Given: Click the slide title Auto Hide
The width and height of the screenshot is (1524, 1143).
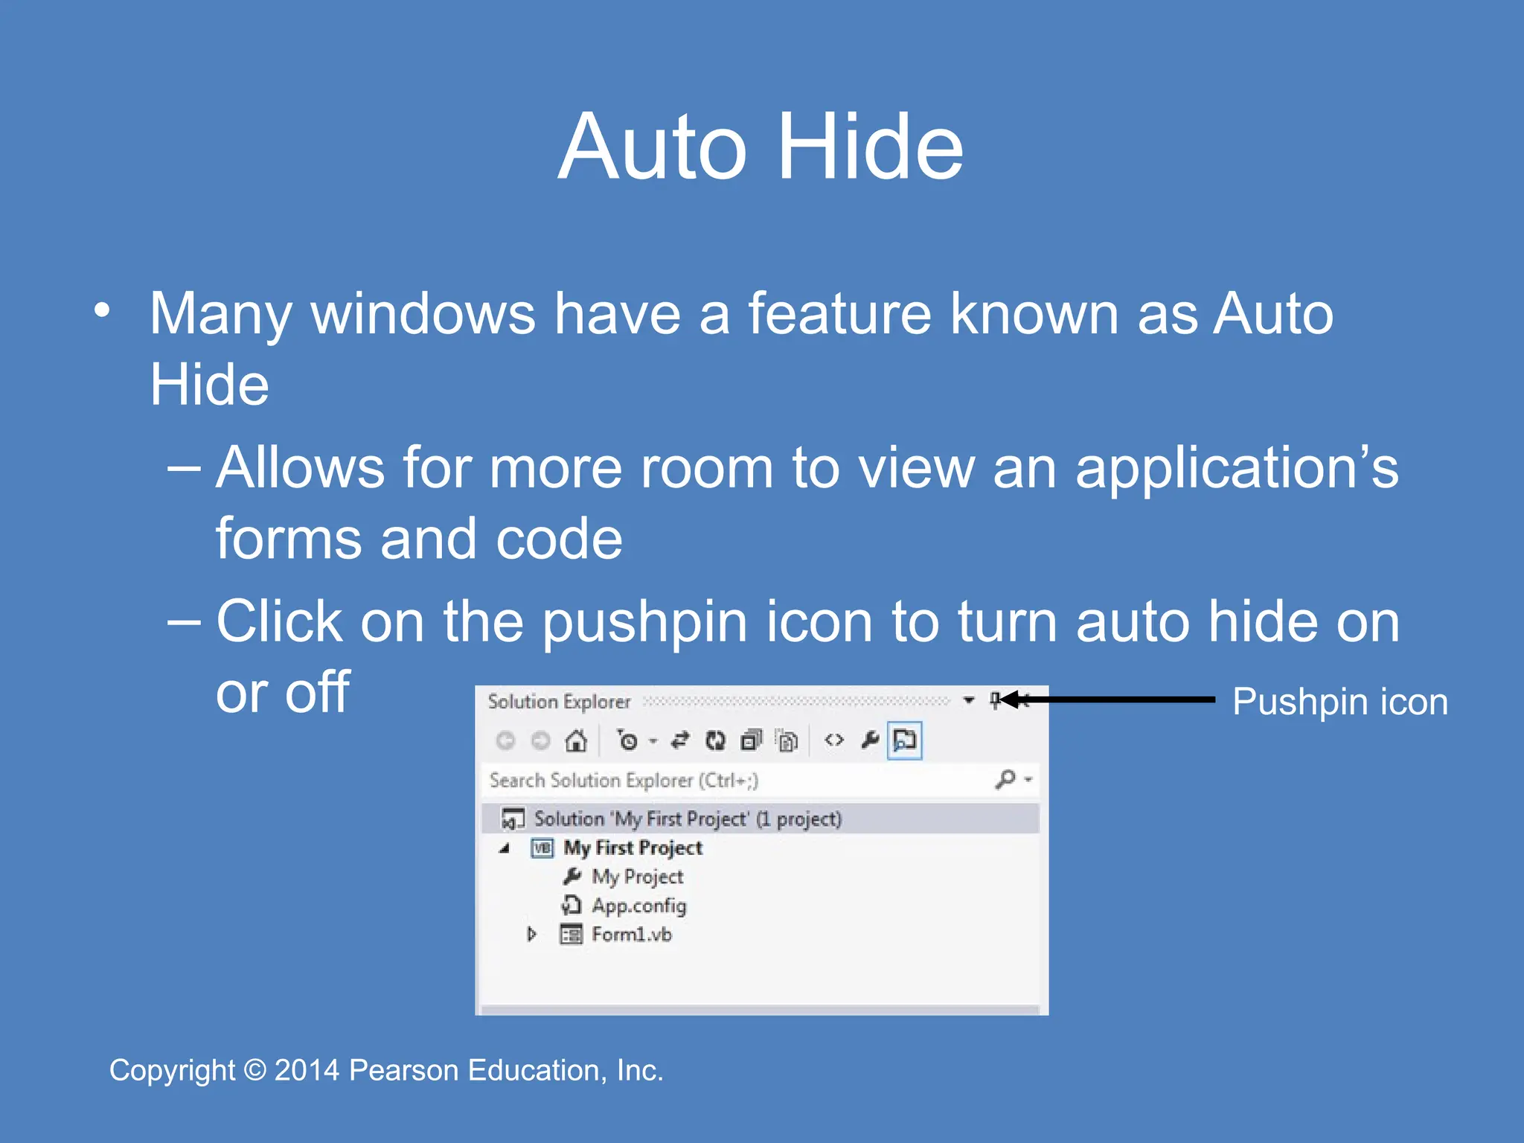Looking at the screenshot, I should click(761, 147).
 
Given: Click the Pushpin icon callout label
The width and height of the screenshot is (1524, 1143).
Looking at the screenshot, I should click(1339, 702).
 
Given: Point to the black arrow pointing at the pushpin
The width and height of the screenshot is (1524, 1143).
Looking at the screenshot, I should click(1109, 699).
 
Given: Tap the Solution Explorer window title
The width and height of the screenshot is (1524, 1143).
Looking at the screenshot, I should click(559, 702).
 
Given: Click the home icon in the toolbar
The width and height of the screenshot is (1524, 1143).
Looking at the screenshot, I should click(576, 740).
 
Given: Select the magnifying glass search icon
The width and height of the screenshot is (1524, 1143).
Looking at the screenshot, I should click(1005, 779).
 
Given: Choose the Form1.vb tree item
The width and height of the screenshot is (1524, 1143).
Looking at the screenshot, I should click(631, 935).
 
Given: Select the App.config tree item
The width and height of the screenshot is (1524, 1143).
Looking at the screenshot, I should click(638, 906).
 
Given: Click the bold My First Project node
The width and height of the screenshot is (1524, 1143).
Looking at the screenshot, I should click(633, 848).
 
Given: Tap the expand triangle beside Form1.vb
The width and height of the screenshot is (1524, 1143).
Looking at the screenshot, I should click(531, 934).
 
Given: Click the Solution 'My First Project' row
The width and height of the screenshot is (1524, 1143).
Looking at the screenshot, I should click(688, 819).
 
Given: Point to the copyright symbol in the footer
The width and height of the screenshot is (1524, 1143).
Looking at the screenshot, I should click(255, 1070).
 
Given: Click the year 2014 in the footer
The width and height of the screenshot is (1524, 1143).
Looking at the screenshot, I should click(307, 1070).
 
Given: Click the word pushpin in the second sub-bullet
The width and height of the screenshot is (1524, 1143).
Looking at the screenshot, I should click(644, 622).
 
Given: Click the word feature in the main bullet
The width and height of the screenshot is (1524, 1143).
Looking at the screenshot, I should click(839, 313).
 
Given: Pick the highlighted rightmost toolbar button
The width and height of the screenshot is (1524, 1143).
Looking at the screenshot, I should click(905, 740).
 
